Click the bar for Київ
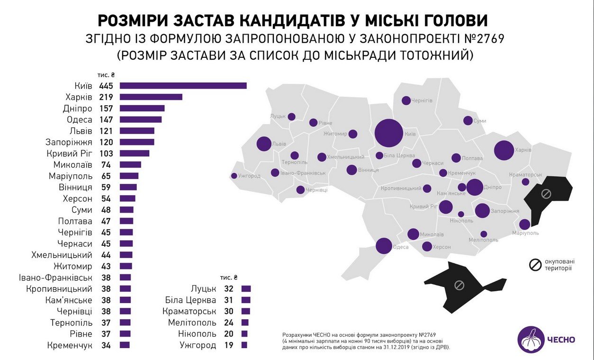coord(183,86)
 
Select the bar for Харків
coord(151,97)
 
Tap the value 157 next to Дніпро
coord(106,108)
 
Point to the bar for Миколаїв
coord(130,165)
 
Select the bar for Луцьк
coord(245,288)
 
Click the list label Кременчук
coord(70,345)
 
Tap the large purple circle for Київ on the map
coord(389,134)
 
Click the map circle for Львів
coord(264,144)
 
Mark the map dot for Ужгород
coord(234,176)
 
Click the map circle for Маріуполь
coord(525,225)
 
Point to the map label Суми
coord(480,121)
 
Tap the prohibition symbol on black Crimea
coord(459,285)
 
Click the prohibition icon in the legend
coord(535,265)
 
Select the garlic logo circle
coord(531,340)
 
